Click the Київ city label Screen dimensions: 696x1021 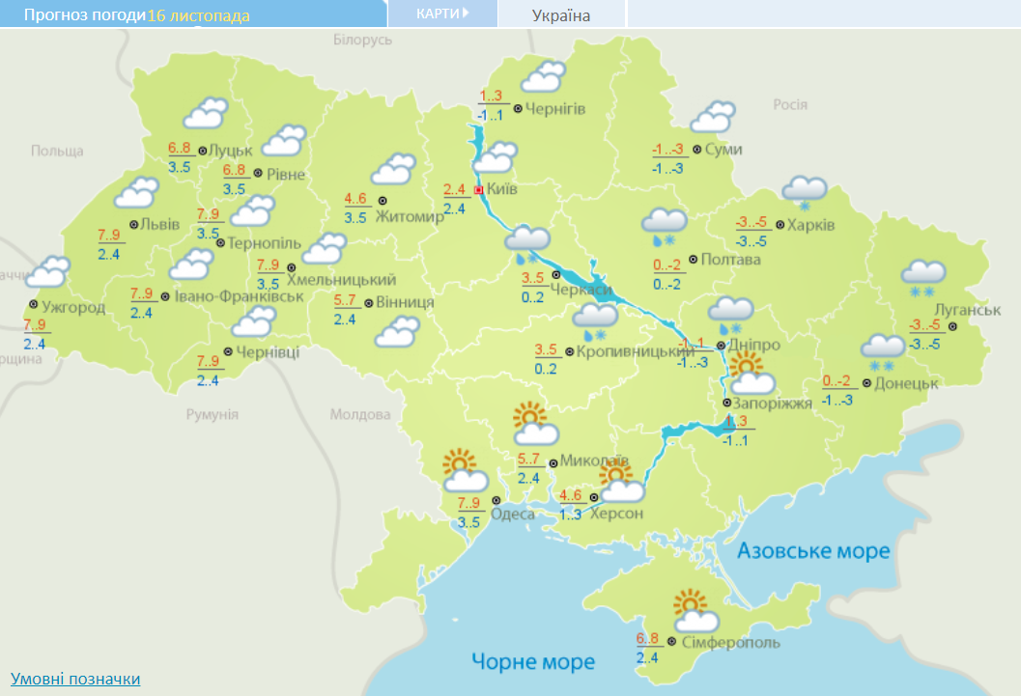[502, 189]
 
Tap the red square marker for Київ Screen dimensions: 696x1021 [477, 190]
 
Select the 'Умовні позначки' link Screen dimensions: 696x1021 [75, 679]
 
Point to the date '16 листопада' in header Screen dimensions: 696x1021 [198, 15]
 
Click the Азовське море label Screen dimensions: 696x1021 [812, 551]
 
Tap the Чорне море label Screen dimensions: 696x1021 [533, 662]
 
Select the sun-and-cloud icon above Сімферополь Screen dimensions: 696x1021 [695, 610]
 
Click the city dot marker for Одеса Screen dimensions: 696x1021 [496, 500]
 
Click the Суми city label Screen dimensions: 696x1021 [723, 150]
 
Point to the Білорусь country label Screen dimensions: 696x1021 [363, 40]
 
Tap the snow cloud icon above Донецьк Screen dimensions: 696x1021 [882, 350]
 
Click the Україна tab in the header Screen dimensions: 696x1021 [561, 14]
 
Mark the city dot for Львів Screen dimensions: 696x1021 [132, 224]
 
